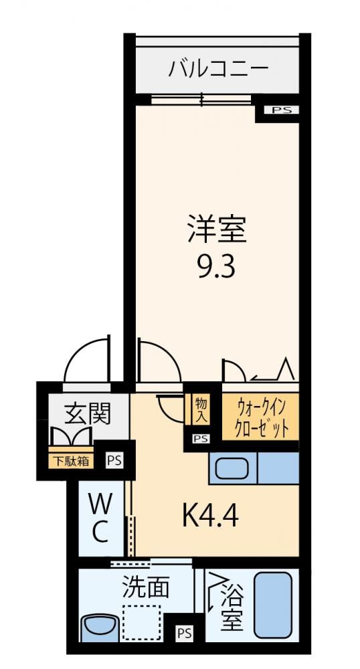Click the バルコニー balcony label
218,69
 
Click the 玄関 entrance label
88,412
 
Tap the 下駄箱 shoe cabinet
71,461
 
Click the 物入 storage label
201,409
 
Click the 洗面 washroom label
146,587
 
